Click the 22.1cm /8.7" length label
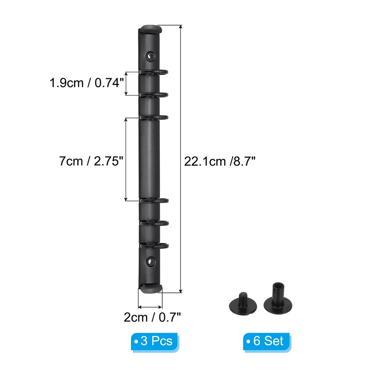220,161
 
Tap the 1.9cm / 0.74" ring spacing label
87,83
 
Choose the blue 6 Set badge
264,341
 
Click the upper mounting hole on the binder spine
150,56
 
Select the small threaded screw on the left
242,301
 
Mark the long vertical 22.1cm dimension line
180,159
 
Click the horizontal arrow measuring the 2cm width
150,307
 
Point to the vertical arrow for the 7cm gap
125,159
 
